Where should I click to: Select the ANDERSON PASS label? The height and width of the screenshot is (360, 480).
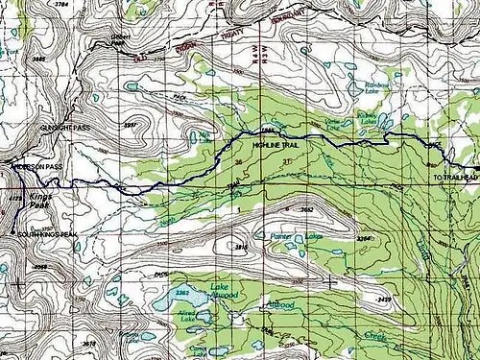click(36, 166)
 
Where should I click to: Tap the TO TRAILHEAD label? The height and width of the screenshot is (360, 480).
click(454, 179)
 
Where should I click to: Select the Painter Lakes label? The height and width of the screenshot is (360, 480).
click(293, 233)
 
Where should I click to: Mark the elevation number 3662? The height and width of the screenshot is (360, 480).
click(307, 207)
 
